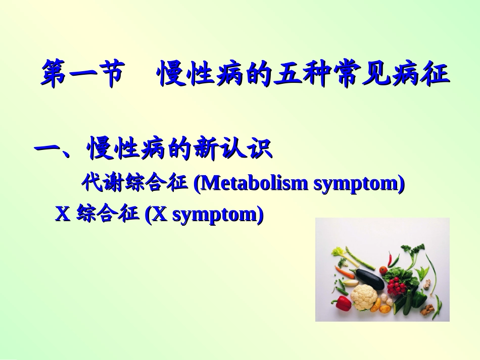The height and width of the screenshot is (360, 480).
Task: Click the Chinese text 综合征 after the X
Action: click(108, 215)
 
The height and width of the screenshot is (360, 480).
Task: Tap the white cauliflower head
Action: click(364, 297)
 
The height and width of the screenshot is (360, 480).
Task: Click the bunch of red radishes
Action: click(396, 285)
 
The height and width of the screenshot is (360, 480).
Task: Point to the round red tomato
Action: click(383, 270)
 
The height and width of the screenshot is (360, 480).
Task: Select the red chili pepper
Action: click(390, 260)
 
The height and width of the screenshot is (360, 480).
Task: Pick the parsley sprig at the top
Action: click(413, 249)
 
